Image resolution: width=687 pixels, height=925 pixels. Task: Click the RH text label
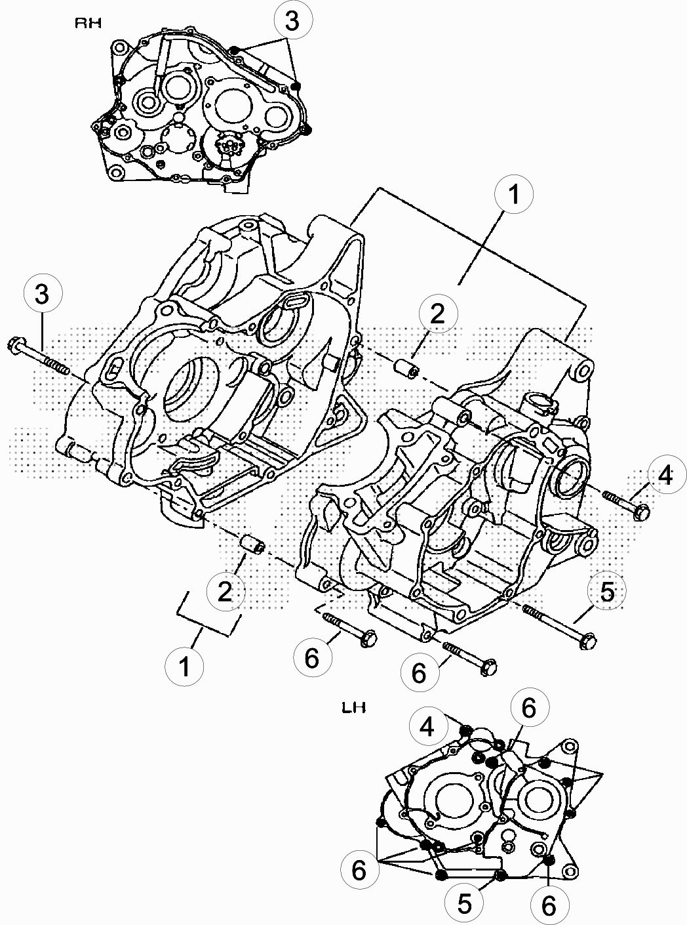tap(88, 24)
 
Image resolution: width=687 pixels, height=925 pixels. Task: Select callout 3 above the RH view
tap(292, 21)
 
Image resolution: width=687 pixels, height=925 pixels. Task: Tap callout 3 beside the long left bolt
tap(43, 294)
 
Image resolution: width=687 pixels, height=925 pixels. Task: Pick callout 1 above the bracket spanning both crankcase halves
tap(513, 194)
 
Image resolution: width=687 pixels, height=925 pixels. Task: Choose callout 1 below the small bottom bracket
tap(184, 666)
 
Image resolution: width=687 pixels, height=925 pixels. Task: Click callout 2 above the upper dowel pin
tap(438, 314)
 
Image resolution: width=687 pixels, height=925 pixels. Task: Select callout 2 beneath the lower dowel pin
tap(226, 591)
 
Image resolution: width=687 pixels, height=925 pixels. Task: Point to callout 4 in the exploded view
tap(666, 474)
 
